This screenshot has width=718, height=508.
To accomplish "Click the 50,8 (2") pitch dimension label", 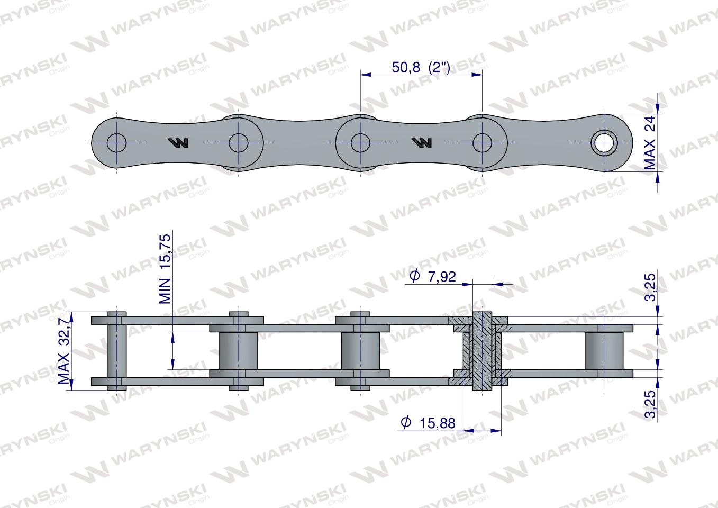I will pyautogui.click(x=421, y=67).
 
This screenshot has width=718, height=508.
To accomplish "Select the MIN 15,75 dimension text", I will pyautogui.click(x=166, y=269).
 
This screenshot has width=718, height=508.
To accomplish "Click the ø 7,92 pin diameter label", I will pyautogui.click(x=433, y=276).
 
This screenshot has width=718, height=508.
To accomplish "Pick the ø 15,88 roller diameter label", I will pyautogui.click(x=429, y=422).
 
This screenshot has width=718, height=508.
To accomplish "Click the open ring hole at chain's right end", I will pyautogui.click(x=604, y=142).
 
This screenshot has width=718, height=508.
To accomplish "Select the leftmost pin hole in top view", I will pyautogui.click(x=116, y=142).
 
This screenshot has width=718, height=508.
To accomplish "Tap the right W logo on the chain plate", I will pyautogui.click(x=422, y=142).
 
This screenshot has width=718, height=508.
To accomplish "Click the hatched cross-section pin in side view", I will pyautogui.click(x=481, y=351).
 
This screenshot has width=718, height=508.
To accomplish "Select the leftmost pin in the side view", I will pyautogui.click(x=116, y=351).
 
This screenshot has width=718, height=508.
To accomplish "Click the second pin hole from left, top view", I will pyautogui.click(x=239, y=142).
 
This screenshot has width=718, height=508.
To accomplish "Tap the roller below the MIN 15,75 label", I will pyautogui.click(x=238, y=351).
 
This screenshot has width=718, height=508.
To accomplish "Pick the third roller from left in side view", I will pyautogui.click(x=360, y=351).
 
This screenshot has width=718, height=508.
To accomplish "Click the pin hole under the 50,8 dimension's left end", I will pyautogui.click(x=360, y=142).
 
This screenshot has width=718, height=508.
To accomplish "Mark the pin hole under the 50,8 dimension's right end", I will pyautogui.click(x=482, y=142).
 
